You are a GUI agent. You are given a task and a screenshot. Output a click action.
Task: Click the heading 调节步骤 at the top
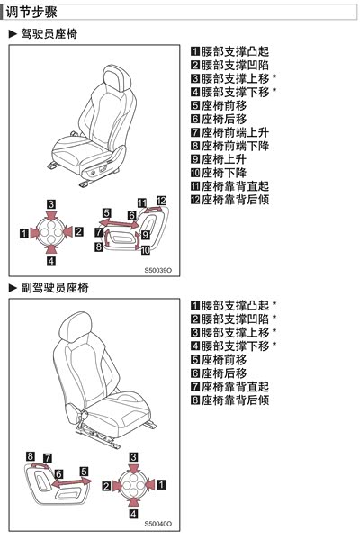coord(31,13)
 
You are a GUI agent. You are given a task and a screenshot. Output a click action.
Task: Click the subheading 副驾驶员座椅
coord(55,288)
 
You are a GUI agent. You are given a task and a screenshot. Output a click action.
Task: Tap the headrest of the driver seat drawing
coord(117,78)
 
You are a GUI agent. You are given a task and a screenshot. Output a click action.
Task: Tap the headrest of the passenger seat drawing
coord(76,327)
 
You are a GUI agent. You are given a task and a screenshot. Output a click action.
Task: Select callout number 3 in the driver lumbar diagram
coord(51,204)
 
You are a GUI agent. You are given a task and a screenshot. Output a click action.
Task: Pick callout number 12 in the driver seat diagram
coord(161,201)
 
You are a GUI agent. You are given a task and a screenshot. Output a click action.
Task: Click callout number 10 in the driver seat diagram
coord(146,250)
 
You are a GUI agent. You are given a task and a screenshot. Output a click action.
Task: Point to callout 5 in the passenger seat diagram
coord(84,472)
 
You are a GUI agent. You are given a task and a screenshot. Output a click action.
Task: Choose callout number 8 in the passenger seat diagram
coord(31,456)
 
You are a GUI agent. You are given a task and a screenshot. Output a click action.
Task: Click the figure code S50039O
coord(158,270)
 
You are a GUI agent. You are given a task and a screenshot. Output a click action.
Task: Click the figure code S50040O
coord(158,524)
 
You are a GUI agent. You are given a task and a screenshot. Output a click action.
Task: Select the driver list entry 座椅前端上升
coord(235,132)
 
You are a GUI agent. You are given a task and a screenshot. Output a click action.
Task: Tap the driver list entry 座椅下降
coord(224,173)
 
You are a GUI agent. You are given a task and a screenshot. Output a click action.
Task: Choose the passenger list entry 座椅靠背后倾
coord(235,400)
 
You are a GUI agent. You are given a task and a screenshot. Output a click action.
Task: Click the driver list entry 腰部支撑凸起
coord(235,51)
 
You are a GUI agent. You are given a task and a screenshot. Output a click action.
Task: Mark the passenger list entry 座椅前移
coord(224,360)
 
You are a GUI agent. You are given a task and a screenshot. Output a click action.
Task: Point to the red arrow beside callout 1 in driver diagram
coord(35,233)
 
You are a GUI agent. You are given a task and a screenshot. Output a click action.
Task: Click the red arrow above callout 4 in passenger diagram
coord(133,502)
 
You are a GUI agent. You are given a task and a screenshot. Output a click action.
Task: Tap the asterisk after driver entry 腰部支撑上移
coord(274,76)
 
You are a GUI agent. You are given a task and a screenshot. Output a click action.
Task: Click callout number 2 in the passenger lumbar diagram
coord(106,486)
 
